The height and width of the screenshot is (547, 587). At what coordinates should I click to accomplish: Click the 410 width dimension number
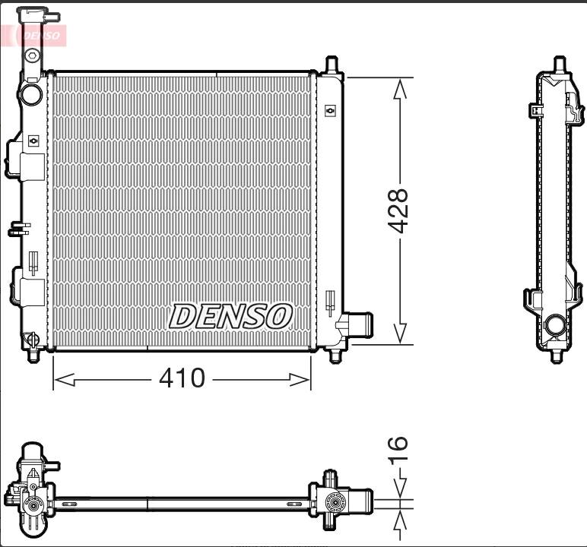pyautogui.click(x=182, y=378)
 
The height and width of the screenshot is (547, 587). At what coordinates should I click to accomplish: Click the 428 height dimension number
pyautogui.click(x=398, y=210)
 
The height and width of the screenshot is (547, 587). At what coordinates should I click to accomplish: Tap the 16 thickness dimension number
pyautogui.click(x=398, y=450)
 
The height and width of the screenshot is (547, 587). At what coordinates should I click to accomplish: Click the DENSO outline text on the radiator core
pyautogui.click(x=230, y=316)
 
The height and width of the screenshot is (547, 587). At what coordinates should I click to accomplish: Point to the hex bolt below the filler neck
pyautogui.click(x=32, y=55)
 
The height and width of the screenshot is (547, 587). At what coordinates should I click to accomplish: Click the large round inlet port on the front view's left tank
pyautogui.click(x=31, y=93)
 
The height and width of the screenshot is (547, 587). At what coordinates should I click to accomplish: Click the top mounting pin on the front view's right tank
pyautogui.click(x=332, y=65)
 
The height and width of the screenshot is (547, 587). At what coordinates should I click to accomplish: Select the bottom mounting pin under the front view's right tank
pyautogui.click(x=335, y=356)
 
